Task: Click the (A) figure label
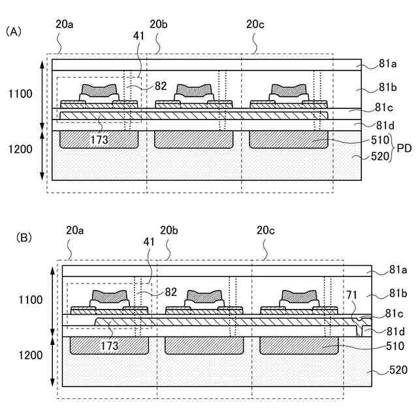[x=13, y=31]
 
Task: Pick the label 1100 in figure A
[x=19, y=94]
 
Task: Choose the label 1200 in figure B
[x=29, y=355]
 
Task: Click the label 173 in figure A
[x=100, y=140]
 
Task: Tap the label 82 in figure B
[x=170, y=292]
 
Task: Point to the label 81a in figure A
[x=387, y=64]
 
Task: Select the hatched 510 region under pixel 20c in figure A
[x=288, y=139]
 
